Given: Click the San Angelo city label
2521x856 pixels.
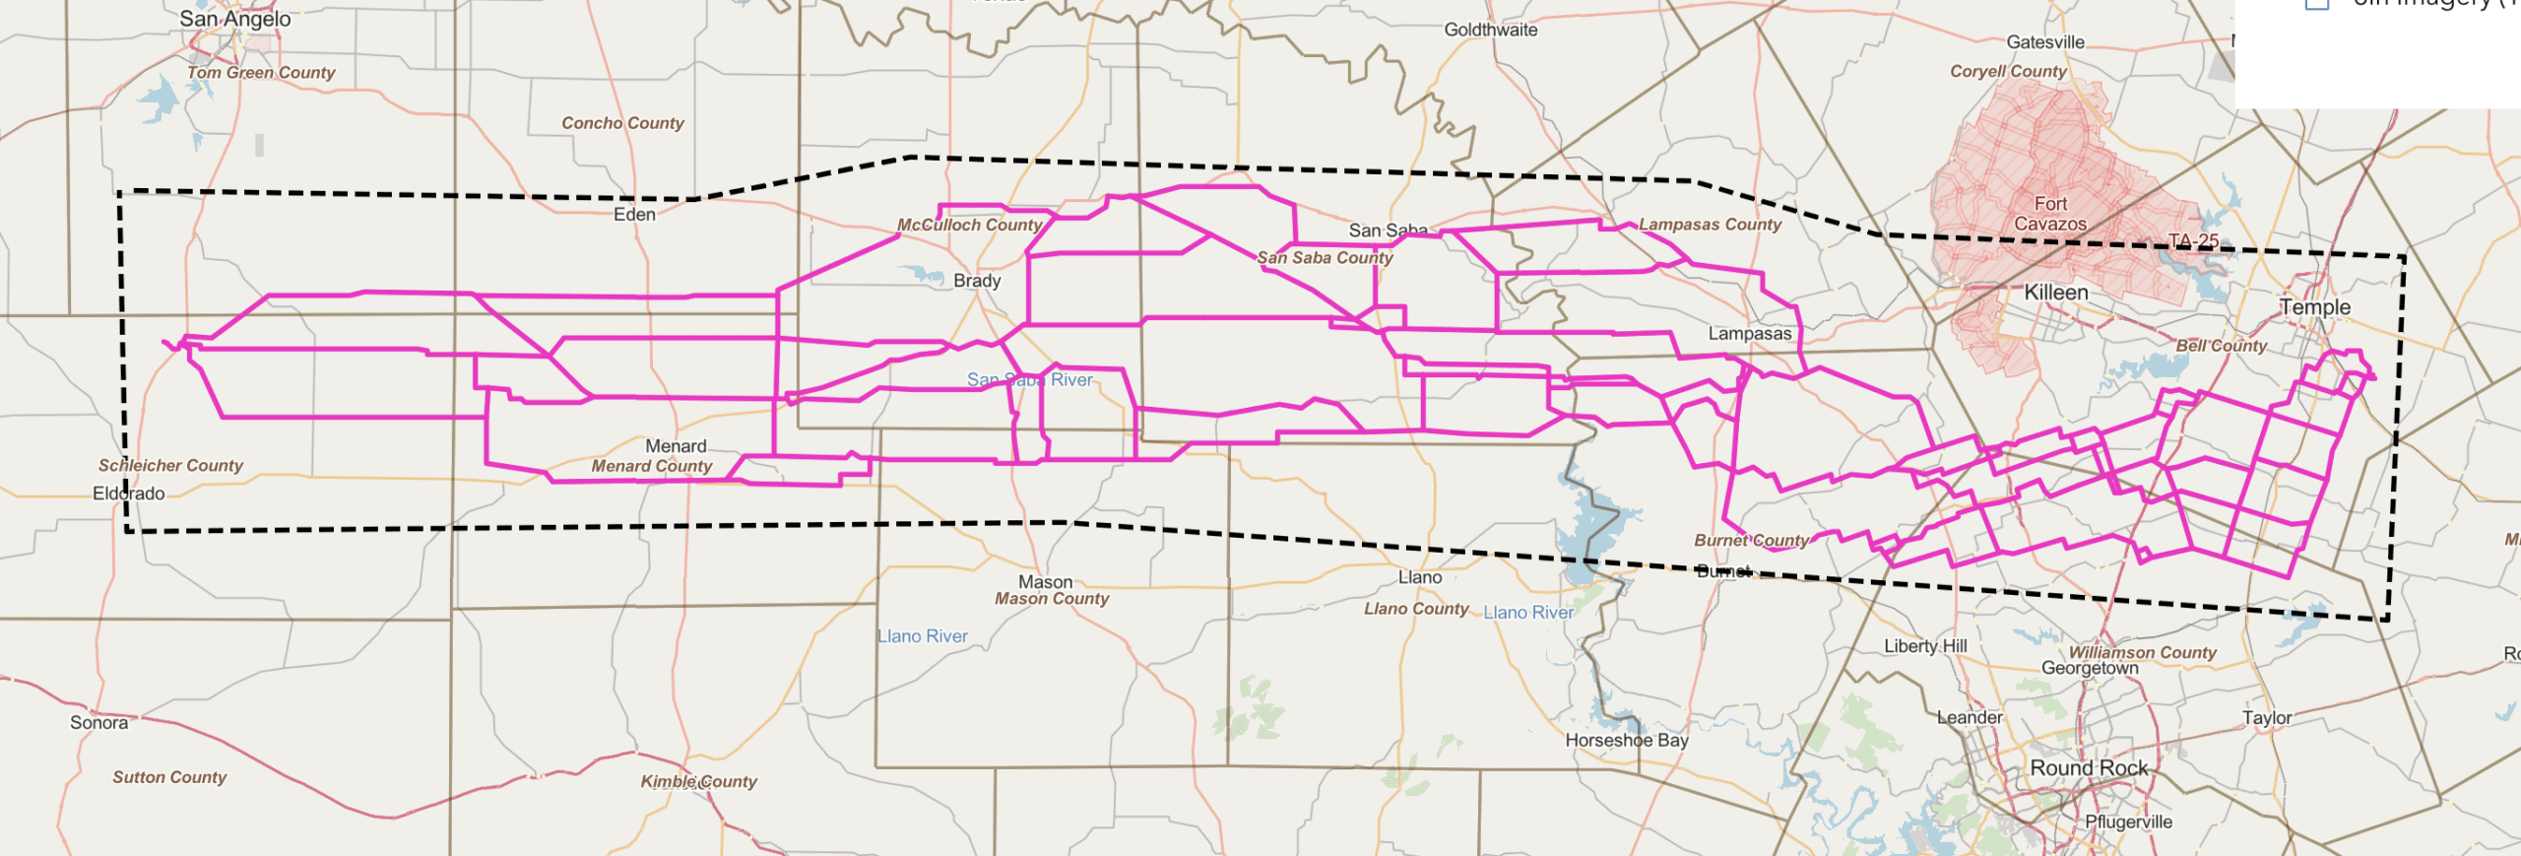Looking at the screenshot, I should pos(234,19).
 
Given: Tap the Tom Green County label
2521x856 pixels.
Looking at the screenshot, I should pos(261,72).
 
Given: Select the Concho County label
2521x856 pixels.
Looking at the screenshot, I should pos(622,123).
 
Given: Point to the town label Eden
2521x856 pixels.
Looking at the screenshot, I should pos(634,215).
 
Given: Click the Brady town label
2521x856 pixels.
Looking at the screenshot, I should pos(977,281).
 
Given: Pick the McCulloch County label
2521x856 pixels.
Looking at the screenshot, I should pos(969,225).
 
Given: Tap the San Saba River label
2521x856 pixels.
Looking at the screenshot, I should pos(1029,380).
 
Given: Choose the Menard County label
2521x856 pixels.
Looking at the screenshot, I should pos(651,466).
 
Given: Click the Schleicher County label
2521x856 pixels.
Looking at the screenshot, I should pos(170,465).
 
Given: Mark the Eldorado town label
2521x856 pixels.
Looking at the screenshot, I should pos(129,494).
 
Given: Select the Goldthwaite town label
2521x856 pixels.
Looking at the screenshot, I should pos(1490,30).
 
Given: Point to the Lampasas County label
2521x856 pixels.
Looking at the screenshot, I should pos(1710,225).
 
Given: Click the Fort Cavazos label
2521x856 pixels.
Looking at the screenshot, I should pos(2050,214).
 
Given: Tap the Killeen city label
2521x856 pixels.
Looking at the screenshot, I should pos(2055,293).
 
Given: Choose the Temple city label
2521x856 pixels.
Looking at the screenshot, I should pos(2314,307).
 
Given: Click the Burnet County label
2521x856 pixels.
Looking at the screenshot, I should pos(1751,540).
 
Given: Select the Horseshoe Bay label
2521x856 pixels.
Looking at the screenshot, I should pos(1627,740).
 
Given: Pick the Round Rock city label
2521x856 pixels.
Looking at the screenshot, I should pos(2089,768).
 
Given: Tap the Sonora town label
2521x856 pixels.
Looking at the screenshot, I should pos(98,723).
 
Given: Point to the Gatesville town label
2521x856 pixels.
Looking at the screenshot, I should pos(2045,42).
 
